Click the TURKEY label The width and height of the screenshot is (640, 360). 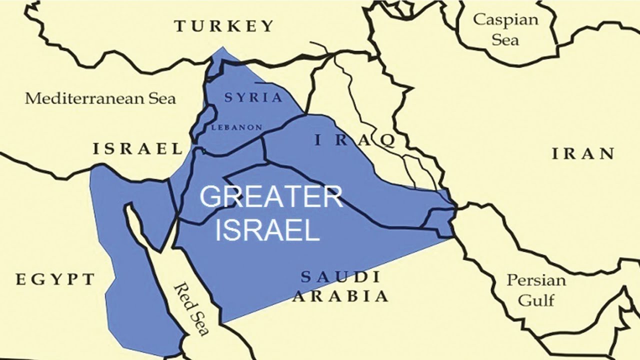(x=224, y=26)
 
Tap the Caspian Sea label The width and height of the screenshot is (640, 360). (x=505, y=29)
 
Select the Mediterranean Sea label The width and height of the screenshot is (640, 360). (x=100, y=98)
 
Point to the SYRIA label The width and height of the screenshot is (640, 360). (x=253, y=97)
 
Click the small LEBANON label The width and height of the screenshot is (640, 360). (x=237, y=127)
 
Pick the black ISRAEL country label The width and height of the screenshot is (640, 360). (x=137, y=148)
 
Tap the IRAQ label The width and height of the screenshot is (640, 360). (x=354, y=140)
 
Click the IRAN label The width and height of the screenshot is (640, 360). (x=583, y=154)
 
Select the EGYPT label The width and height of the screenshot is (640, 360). (x=55, y=279)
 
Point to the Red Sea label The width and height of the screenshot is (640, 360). (x=191, y=308)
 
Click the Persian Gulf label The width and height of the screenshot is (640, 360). (x=536, y=290)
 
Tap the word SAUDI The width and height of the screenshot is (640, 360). (x=340, y=276)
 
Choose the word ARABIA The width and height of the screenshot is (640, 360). (x=340, y=296)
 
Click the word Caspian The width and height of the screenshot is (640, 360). (x=505, y=20)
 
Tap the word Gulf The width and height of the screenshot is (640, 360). (x=536, y=300)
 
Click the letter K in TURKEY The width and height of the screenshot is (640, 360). (x=231, y=26)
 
